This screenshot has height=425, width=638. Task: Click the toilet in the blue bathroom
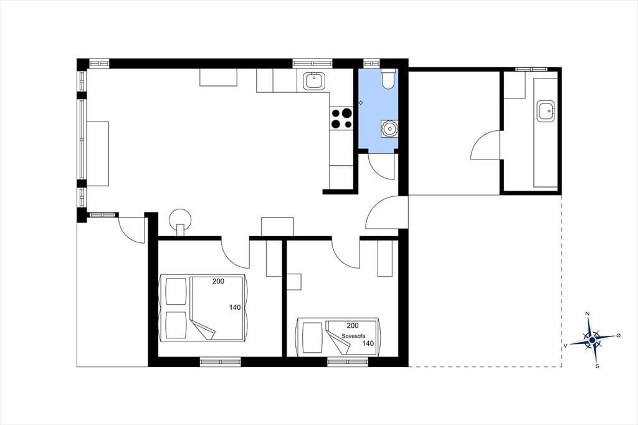click(388, 78)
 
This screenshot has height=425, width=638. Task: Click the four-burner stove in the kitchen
click(341, 118)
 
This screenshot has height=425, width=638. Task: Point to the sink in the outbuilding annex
click(546, 111)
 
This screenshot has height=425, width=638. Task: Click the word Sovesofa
click(354, 336)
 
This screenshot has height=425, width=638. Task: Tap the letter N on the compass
click(587, 313)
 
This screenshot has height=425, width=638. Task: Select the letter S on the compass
click(598, 366)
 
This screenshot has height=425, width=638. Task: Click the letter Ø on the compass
click(619, 335)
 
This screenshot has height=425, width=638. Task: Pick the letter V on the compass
click(565, 346)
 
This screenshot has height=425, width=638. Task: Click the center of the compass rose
click(593, 339)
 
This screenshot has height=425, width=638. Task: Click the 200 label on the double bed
click(219, 281)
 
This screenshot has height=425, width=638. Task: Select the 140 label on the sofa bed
click(368, 343)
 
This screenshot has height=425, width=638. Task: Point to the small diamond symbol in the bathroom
click(361, 103)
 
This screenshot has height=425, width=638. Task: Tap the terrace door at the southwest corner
click(131, 230)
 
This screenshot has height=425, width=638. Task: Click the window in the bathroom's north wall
click(371, 63)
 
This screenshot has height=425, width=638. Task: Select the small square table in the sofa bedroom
click(294, 282)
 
